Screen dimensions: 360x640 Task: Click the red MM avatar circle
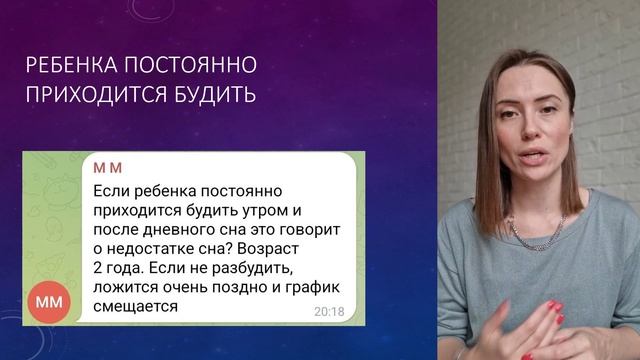[x=48, y=300]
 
